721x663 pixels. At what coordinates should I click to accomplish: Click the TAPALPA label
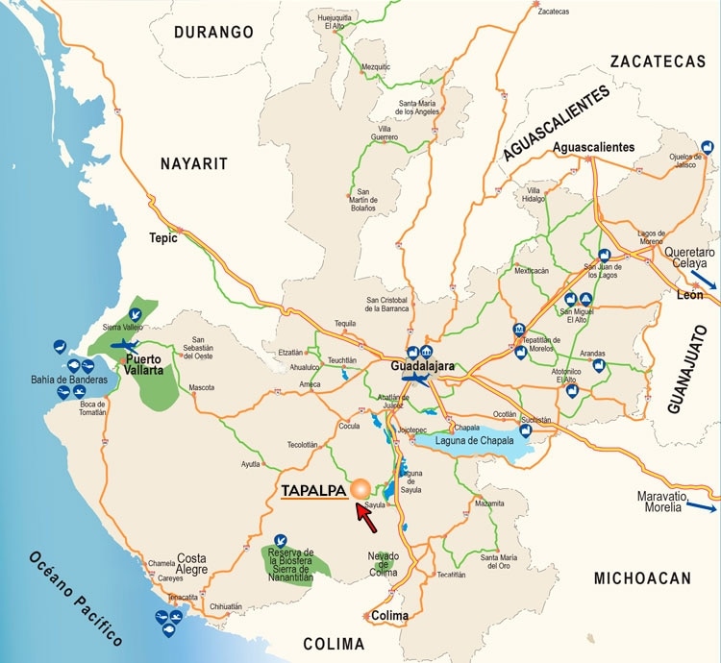[313, 490]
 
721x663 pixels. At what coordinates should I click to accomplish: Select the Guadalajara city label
[423, 367]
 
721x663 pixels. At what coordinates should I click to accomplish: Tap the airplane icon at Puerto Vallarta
[125, 345]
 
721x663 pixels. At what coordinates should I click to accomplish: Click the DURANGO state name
[213, 33]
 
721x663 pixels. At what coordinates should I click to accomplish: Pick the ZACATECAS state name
[658, 61]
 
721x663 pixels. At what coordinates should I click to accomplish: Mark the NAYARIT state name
[193, 164]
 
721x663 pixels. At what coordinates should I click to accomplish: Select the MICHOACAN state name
[642, 577]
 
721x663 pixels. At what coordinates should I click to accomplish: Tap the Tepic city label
[163, 238]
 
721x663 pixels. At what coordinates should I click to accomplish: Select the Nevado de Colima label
[383, 564]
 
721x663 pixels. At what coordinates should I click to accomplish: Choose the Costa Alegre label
[191, 564]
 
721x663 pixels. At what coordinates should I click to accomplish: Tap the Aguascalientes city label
[594, 147]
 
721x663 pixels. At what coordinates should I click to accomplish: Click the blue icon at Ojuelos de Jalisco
[708, 146]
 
